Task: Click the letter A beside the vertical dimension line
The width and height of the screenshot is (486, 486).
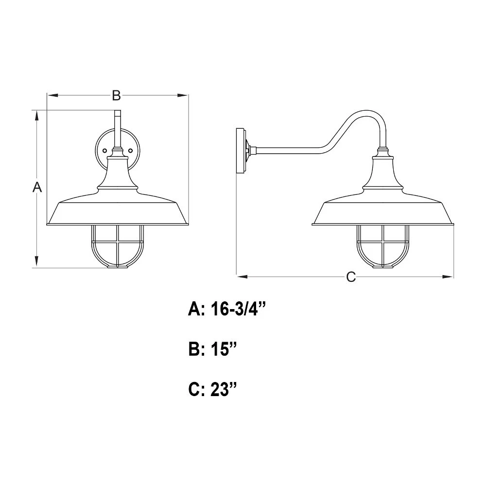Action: click(x=37, y=187)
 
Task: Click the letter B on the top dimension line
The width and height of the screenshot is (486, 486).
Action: click(x=116, y=95)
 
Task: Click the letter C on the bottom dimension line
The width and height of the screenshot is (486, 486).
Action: click(x=351, y=277)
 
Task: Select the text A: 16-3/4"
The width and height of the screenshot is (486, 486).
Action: click(x=227, y=309)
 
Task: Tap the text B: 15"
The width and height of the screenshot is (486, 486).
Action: click(x=213, y=349)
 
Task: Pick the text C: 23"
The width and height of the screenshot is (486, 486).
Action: click(x=213, y=389)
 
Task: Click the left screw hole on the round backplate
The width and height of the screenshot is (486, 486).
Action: click(x=104, y=151)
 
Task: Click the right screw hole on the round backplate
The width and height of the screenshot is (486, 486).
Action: click(x=130, y=151)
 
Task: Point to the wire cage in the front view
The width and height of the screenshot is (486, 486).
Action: click(x=118, y=246)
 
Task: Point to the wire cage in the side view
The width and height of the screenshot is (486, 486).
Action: click(x=383, y=246)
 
